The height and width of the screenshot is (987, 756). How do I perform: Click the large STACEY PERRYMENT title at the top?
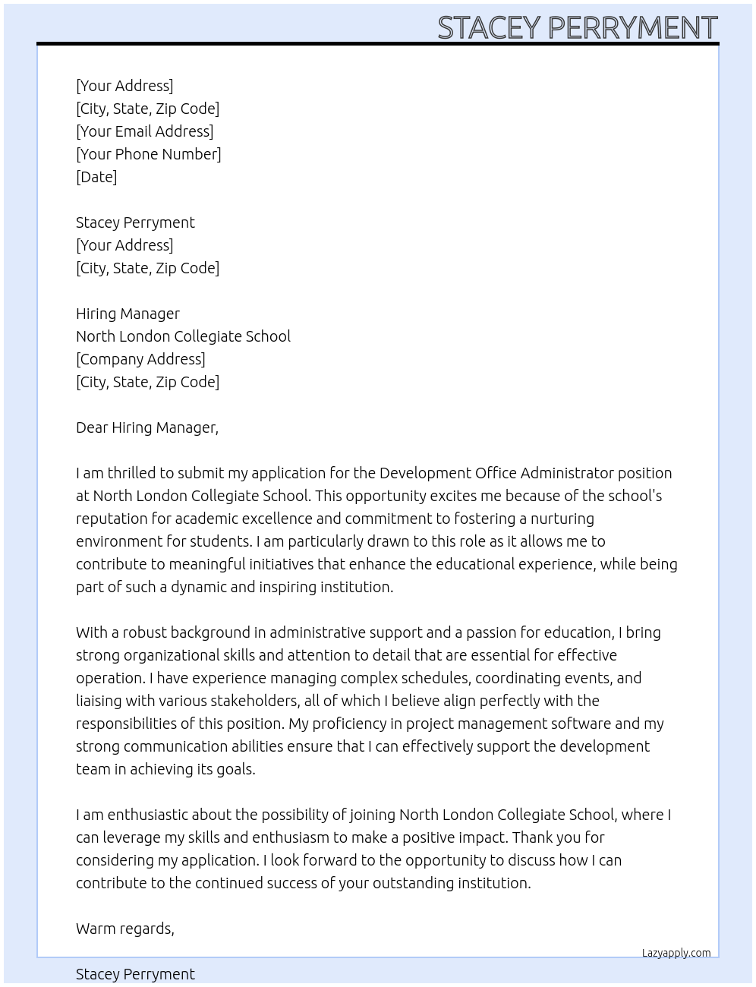click(x=577, y=27)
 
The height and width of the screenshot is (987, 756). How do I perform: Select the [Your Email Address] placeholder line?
click(x=144, y=131)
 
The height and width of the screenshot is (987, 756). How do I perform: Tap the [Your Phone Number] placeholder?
click(x=148, y=154)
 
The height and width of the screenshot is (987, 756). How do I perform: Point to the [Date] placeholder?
click(x=96, y=177)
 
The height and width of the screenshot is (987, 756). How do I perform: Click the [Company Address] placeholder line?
click(x=140, y=359)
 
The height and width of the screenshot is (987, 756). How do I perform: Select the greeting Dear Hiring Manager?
click(x=147, y=427)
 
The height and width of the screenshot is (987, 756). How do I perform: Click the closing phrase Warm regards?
click(x=125, y=929)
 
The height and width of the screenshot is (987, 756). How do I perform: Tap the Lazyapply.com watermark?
click(x=676, y=953)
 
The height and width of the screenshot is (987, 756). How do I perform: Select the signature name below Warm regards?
click(x=135, y=974)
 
